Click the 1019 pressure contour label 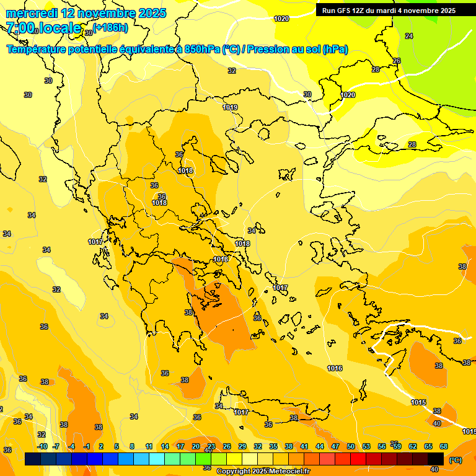[x=230, y=107]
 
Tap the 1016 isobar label [x=335, y=368]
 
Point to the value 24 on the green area [x=409, y=36]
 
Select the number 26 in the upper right [x=397, y=61]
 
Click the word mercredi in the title [x=32, y=13]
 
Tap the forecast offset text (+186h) [x=110, y=27]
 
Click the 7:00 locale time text [x=43, y=28]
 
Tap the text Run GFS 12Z [x=345, y=11]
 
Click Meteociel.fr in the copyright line [x=287, y=471]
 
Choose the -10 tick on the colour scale [x=42, y=446]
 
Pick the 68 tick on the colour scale [x=444, y=446]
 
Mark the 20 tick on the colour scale [x=196, y=446]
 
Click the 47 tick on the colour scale [x=335, y=446]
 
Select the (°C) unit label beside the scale [x=455, y=460]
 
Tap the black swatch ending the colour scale [x=436, y=459]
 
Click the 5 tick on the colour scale [x=117, y=446]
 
